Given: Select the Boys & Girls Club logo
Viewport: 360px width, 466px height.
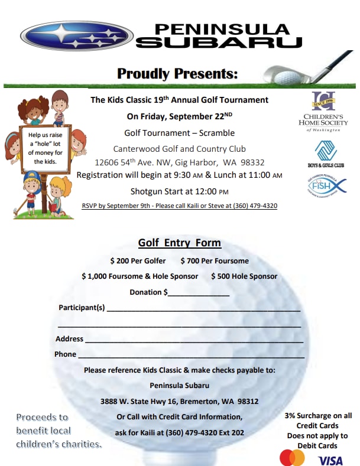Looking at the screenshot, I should (x=325, y=154).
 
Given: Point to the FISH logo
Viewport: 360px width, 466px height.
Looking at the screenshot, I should (x=325, y=188).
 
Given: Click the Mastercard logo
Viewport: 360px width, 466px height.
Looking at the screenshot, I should (x=292, y=458).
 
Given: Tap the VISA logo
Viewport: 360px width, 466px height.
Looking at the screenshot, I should (x=330, y=460).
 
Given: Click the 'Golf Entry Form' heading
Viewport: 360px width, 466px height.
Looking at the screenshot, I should (x=180, y=243).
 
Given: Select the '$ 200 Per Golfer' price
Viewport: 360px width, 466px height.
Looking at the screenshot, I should (x=138, y=261).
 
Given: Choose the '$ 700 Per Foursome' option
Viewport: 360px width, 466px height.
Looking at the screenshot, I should (x=215, y=261).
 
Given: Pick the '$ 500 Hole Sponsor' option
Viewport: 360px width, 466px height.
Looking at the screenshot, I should (x=244, y=276).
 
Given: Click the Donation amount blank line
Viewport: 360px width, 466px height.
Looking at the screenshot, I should (x=199, y=294).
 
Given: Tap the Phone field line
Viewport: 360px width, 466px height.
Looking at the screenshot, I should (x=192, y=357).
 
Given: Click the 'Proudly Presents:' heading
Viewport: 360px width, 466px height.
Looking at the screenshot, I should (x=177, y=74).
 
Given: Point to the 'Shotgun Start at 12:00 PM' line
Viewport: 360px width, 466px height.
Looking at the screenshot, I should (x=179, y=191).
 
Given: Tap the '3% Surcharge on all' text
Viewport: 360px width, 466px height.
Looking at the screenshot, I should (x=318, y=416).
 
